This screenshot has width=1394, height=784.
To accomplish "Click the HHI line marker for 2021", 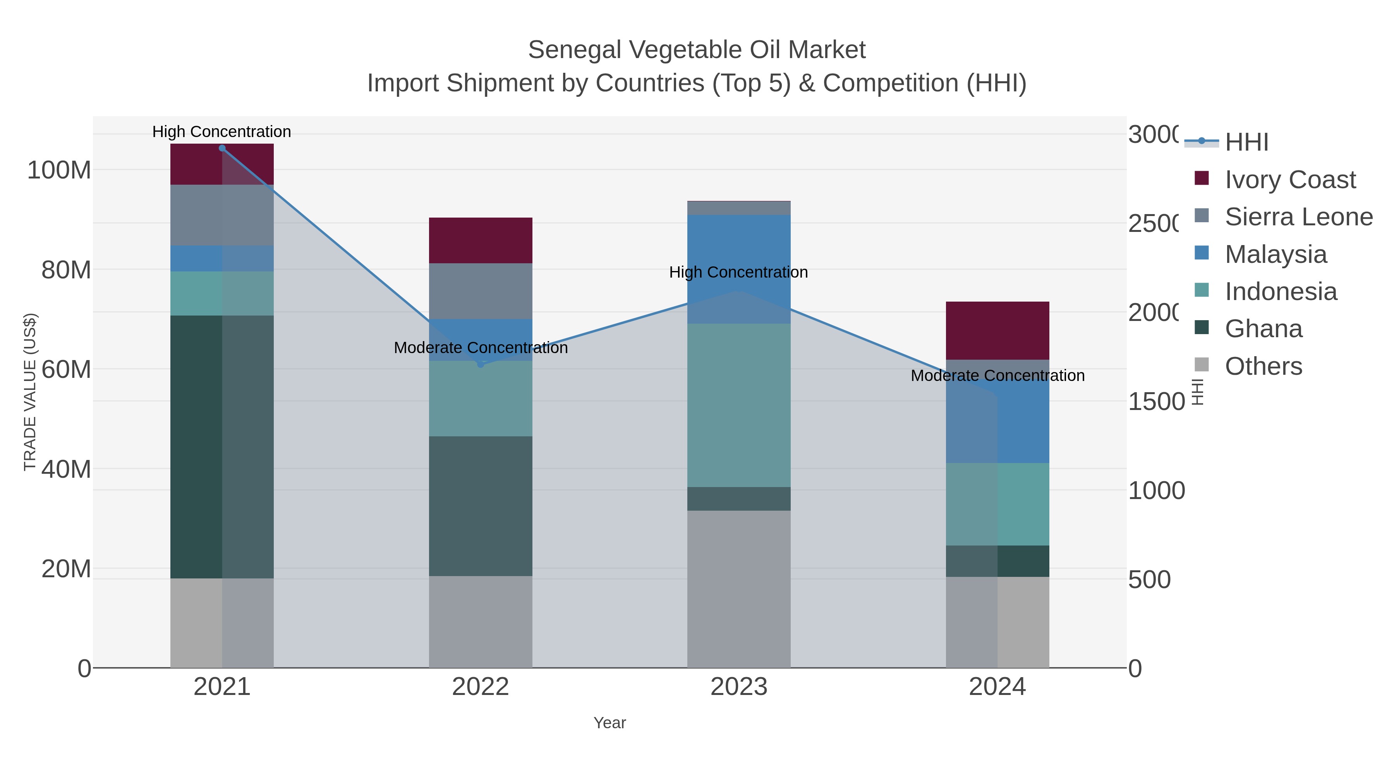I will coord(222,148).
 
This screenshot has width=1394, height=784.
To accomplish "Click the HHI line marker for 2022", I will coord(481,364).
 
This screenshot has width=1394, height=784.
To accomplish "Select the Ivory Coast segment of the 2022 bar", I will coord(481,240).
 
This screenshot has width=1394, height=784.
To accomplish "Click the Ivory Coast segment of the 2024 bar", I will coord(997,330).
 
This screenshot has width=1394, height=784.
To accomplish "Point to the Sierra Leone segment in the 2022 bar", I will coord(481,291).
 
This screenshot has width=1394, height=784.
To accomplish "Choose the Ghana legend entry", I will coord(1263,328).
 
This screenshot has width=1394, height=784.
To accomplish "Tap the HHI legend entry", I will coord(1246,142).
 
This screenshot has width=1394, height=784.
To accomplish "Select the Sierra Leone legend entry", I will coord(1298,216).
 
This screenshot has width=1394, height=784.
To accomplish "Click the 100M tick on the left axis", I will coord(59,170).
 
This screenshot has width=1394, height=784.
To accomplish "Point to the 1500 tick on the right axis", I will coord(1156,401).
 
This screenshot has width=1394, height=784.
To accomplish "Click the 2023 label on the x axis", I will coord(739,686).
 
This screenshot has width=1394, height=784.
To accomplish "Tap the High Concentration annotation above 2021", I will coord(221,132).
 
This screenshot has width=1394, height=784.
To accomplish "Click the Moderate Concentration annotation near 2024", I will coord(997,376).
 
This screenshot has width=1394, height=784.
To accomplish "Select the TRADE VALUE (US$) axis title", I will coord(30,392).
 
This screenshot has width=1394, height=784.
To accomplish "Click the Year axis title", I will coord(609,723).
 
